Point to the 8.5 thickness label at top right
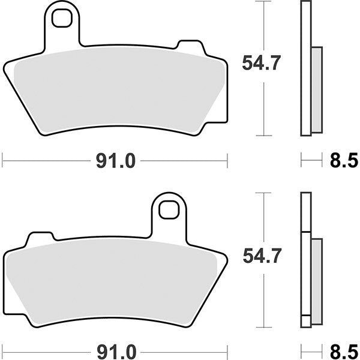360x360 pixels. pos(344,161)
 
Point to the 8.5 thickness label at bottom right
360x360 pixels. pos(344,349)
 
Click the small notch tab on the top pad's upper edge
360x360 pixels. pos(189,46)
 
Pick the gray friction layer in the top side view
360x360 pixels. pos(316,90)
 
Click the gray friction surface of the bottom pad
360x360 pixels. pos(114,282)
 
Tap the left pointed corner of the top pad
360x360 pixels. pos(5,67)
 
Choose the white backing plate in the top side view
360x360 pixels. pos(306,24)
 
